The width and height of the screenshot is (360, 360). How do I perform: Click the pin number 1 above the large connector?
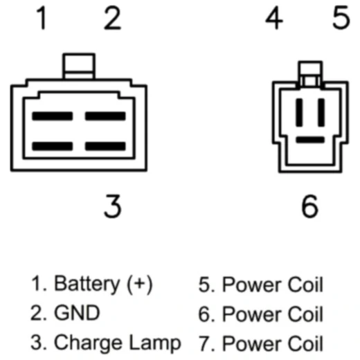[x=42, y=18]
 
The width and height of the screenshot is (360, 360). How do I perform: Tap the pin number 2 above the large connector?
[x=112, y=18]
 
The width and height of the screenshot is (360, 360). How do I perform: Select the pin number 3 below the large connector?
[x=113, y=206]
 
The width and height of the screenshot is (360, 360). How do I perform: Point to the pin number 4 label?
[x=274, y=18]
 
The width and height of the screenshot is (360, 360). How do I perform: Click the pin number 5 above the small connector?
[x=341, y=18]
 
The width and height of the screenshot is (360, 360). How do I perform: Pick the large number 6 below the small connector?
[x=310, y=206]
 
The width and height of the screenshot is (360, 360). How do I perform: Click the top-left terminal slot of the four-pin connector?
[x=53, y=116]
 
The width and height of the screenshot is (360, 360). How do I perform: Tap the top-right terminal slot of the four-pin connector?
[x=105, y=116]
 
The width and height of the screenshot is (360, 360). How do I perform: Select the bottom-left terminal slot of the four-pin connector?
[x=53, y=146]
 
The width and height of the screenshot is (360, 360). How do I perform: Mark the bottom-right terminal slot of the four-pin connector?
[x=105, y=146]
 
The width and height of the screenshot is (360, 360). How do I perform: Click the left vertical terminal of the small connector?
[x=299, y=113]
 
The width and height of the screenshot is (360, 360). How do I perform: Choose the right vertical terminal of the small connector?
[x=321, y=113]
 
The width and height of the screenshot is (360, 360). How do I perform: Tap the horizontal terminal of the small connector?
[x=310, y=140]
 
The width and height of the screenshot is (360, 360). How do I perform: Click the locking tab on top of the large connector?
[x=79, y=66]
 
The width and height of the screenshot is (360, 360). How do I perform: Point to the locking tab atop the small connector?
[x=310, y=74]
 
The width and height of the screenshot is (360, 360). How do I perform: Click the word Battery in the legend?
[x=87, y=285]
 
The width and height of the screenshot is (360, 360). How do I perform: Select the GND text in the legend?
[x=77, y=313]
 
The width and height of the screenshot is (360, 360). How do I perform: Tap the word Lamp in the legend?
[x=155, y=343]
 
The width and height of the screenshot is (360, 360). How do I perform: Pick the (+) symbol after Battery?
[x=140, y=285]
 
